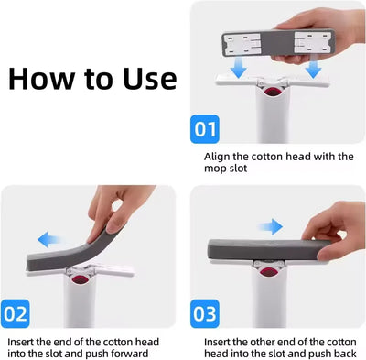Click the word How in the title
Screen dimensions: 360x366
click(42, 77)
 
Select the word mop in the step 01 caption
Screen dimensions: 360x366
click(214, 170)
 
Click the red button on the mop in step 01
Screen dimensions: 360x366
click(272, 91)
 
